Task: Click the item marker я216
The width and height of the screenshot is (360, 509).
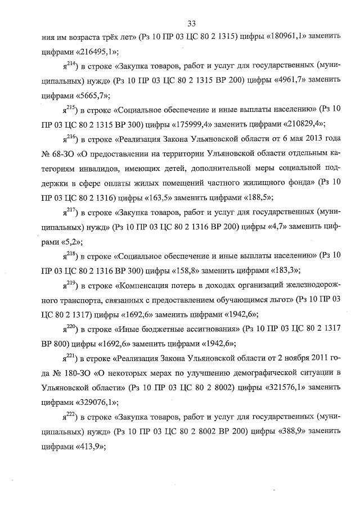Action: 69,137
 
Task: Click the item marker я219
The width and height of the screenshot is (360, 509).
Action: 69,283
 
